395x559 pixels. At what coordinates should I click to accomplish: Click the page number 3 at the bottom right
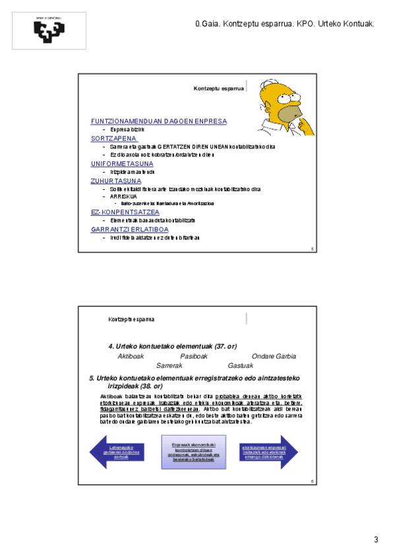pyautogui.click(x=376, y=540)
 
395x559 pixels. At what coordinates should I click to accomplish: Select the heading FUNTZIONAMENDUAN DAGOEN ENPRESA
pyautogui.click(x=158, y=122)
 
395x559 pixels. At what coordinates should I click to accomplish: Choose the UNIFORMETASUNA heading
pyautogui.click(x=122, y=163)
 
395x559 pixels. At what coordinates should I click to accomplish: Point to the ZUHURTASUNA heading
pyautogui.click(x=115, y=181)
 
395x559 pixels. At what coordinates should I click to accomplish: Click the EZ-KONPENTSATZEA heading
pyautogui.click(x=125, y=212)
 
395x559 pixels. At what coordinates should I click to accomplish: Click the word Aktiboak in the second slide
pyautogui.click(x=131, y=357)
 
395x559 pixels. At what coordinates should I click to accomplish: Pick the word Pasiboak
pyautogui.click(x=193, y=357)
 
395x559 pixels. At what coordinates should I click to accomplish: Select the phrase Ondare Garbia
pyautogui.click(x=274, y=357)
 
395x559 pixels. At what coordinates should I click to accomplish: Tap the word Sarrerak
pyautogui.click(x=169, y=365)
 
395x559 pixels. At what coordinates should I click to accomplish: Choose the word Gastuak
pyautogui.click(x=240, y=365)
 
